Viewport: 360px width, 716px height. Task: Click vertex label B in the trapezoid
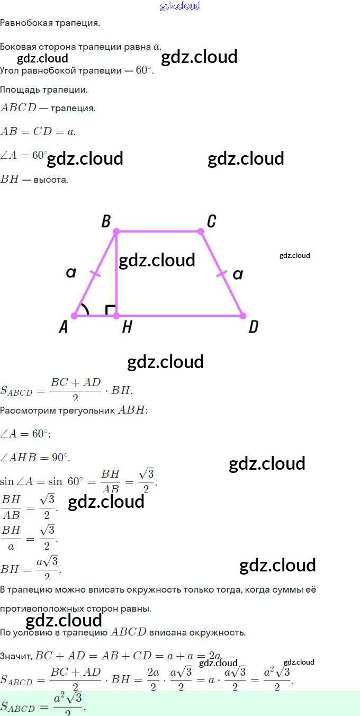[106, 221]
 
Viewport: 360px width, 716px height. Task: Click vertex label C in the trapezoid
[211, 221]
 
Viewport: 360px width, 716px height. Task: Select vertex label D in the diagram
[253, 327]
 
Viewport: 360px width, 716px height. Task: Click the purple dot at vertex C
[201, 231]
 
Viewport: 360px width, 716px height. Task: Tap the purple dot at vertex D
[243, 316]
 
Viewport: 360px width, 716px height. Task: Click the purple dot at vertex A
[75, 316]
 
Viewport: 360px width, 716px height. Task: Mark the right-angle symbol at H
[111, 310]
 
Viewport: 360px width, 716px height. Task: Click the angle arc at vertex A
[85, 309]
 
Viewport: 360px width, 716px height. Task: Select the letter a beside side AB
[71, 273]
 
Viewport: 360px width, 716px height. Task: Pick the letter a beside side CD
[238, 274]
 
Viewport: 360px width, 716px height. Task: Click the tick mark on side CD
[222, 274]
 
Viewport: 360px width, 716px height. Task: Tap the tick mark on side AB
[95, 273]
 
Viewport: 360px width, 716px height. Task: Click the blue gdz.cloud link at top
[180, 6]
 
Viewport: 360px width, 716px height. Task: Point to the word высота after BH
[51, 180]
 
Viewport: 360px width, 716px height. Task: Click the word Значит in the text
[15, 657]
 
